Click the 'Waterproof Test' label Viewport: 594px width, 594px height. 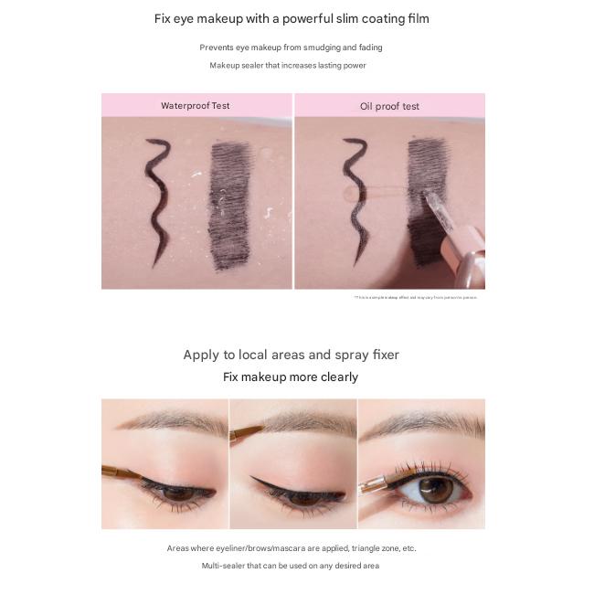coord(196,105)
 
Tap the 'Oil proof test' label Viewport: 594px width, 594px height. coord(389,106)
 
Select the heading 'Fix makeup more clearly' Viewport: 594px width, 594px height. coord(291,377)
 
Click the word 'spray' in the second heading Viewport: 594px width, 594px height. coord(335,355)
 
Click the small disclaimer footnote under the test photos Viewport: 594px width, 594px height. coord(415,297)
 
